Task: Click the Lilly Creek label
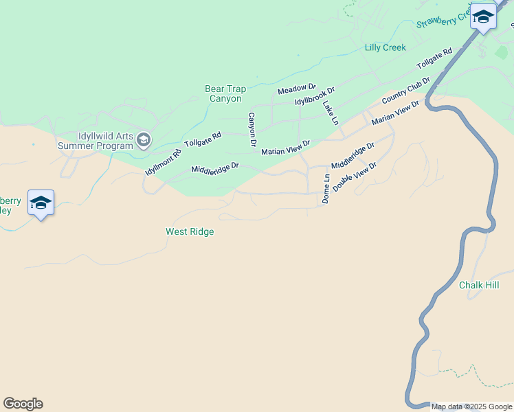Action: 385,47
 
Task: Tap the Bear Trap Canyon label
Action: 225,94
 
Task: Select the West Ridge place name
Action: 190,232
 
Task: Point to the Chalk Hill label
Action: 479,285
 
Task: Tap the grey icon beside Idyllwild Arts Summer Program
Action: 144,141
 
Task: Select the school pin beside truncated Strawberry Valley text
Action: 41,203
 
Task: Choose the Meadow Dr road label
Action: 296,89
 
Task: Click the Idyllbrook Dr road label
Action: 314,96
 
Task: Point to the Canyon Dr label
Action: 252,129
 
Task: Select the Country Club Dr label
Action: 405,91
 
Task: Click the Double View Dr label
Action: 355,176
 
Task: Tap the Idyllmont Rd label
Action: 163,162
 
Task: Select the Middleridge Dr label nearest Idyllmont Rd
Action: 214,168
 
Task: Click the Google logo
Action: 23,404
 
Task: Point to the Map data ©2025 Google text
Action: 471,407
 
